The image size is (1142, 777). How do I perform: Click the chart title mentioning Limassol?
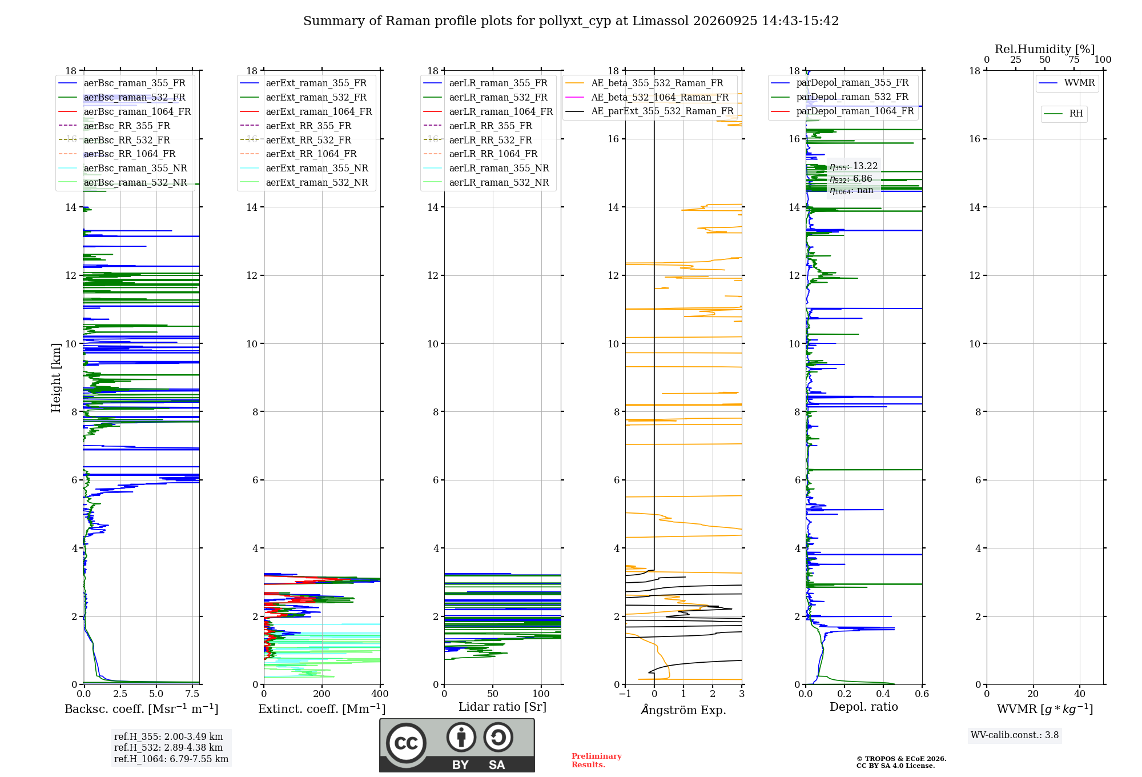[x=571, y=21]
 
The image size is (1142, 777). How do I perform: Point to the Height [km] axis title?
[x=56, y=378]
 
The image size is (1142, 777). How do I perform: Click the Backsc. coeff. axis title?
[x=142, y=708]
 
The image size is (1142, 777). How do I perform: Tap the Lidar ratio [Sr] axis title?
[x=502, y=707]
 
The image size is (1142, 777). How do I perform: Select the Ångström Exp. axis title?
[x=683, y=710]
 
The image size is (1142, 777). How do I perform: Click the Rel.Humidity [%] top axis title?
[x=1045, y=49]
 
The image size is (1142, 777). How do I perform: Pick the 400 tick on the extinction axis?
[x=380, y=694]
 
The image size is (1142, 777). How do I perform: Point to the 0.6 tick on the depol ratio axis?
[x=922, y=694]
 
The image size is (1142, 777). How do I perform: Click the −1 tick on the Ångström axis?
[x=625, y=694]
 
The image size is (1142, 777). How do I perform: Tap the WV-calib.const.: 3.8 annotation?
[x=1015, y=735]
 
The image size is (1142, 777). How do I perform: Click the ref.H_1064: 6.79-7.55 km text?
[x=171, y=759]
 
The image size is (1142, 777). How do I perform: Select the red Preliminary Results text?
[x=597, y=760]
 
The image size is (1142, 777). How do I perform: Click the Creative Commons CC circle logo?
[x=406, y=743]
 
